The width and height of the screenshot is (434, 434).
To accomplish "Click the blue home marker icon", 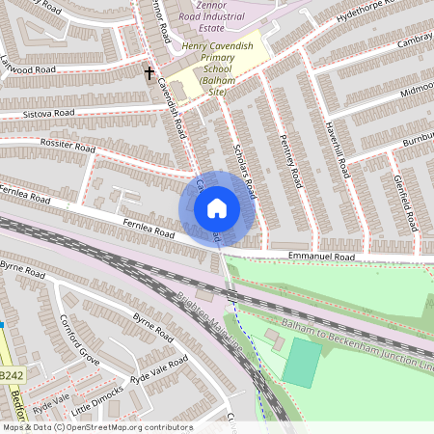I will (217, 207).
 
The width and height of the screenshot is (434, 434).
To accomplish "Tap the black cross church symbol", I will (149, 72).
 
